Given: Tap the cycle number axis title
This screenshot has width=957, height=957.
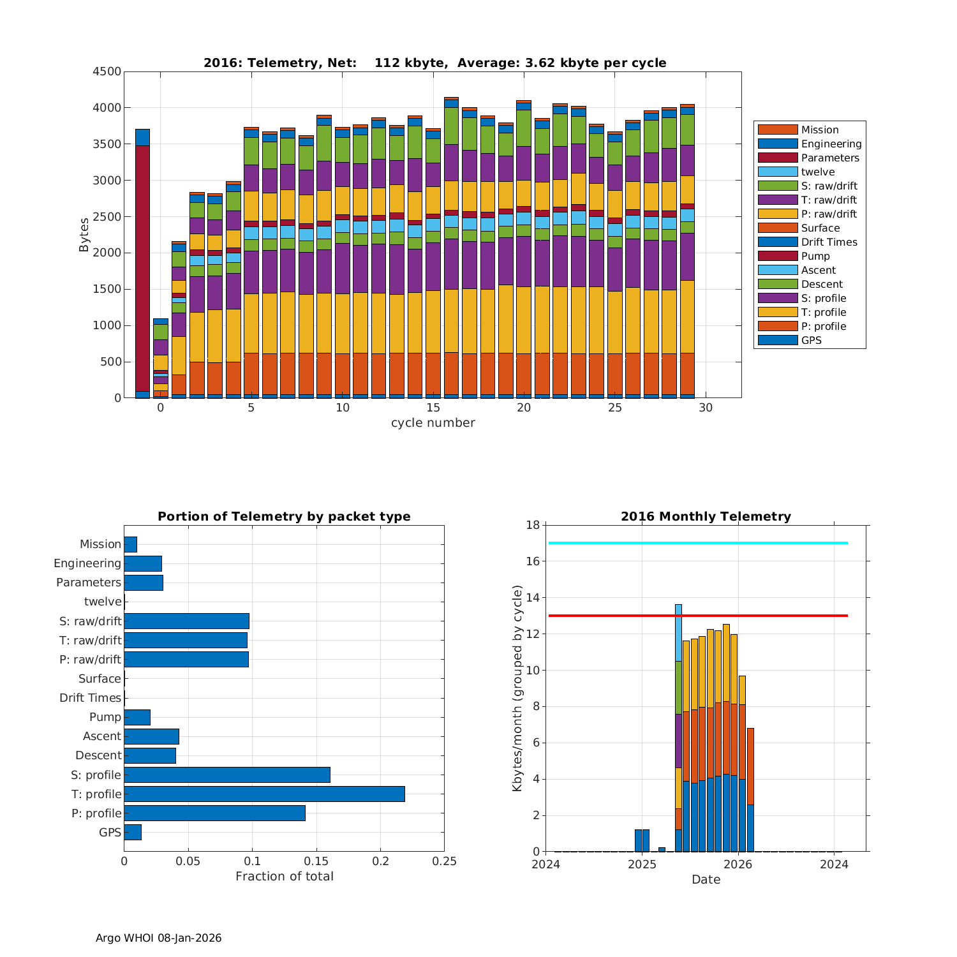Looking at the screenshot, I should point(433,423).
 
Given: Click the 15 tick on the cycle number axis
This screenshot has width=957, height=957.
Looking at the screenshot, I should point(433,408).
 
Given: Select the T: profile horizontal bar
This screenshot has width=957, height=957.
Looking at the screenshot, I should point(264,794).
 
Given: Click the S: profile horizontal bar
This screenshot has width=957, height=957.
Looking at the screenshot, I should point(227,775).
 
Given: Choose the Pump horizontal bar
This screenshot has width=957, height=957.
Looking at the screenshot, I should point(137,717).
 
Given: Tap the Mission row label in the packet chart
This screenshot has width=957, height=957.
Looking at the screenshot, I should point(100,544).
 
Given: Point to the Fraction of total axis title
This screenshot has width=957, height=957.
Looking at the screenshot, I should point(285,877).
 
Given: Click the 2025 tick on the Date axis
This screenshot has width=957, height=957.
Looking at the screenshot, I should point(642,864).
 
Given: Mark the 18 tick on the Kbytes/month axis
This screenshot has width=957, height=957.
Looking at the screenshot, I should point(533,525).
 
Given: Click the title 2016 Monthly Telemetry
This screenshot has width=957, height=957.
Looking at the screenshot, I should point(706,517).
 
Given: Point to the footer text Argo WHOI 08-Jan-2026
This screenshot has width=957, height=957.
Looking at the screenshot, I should point(158,938).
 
